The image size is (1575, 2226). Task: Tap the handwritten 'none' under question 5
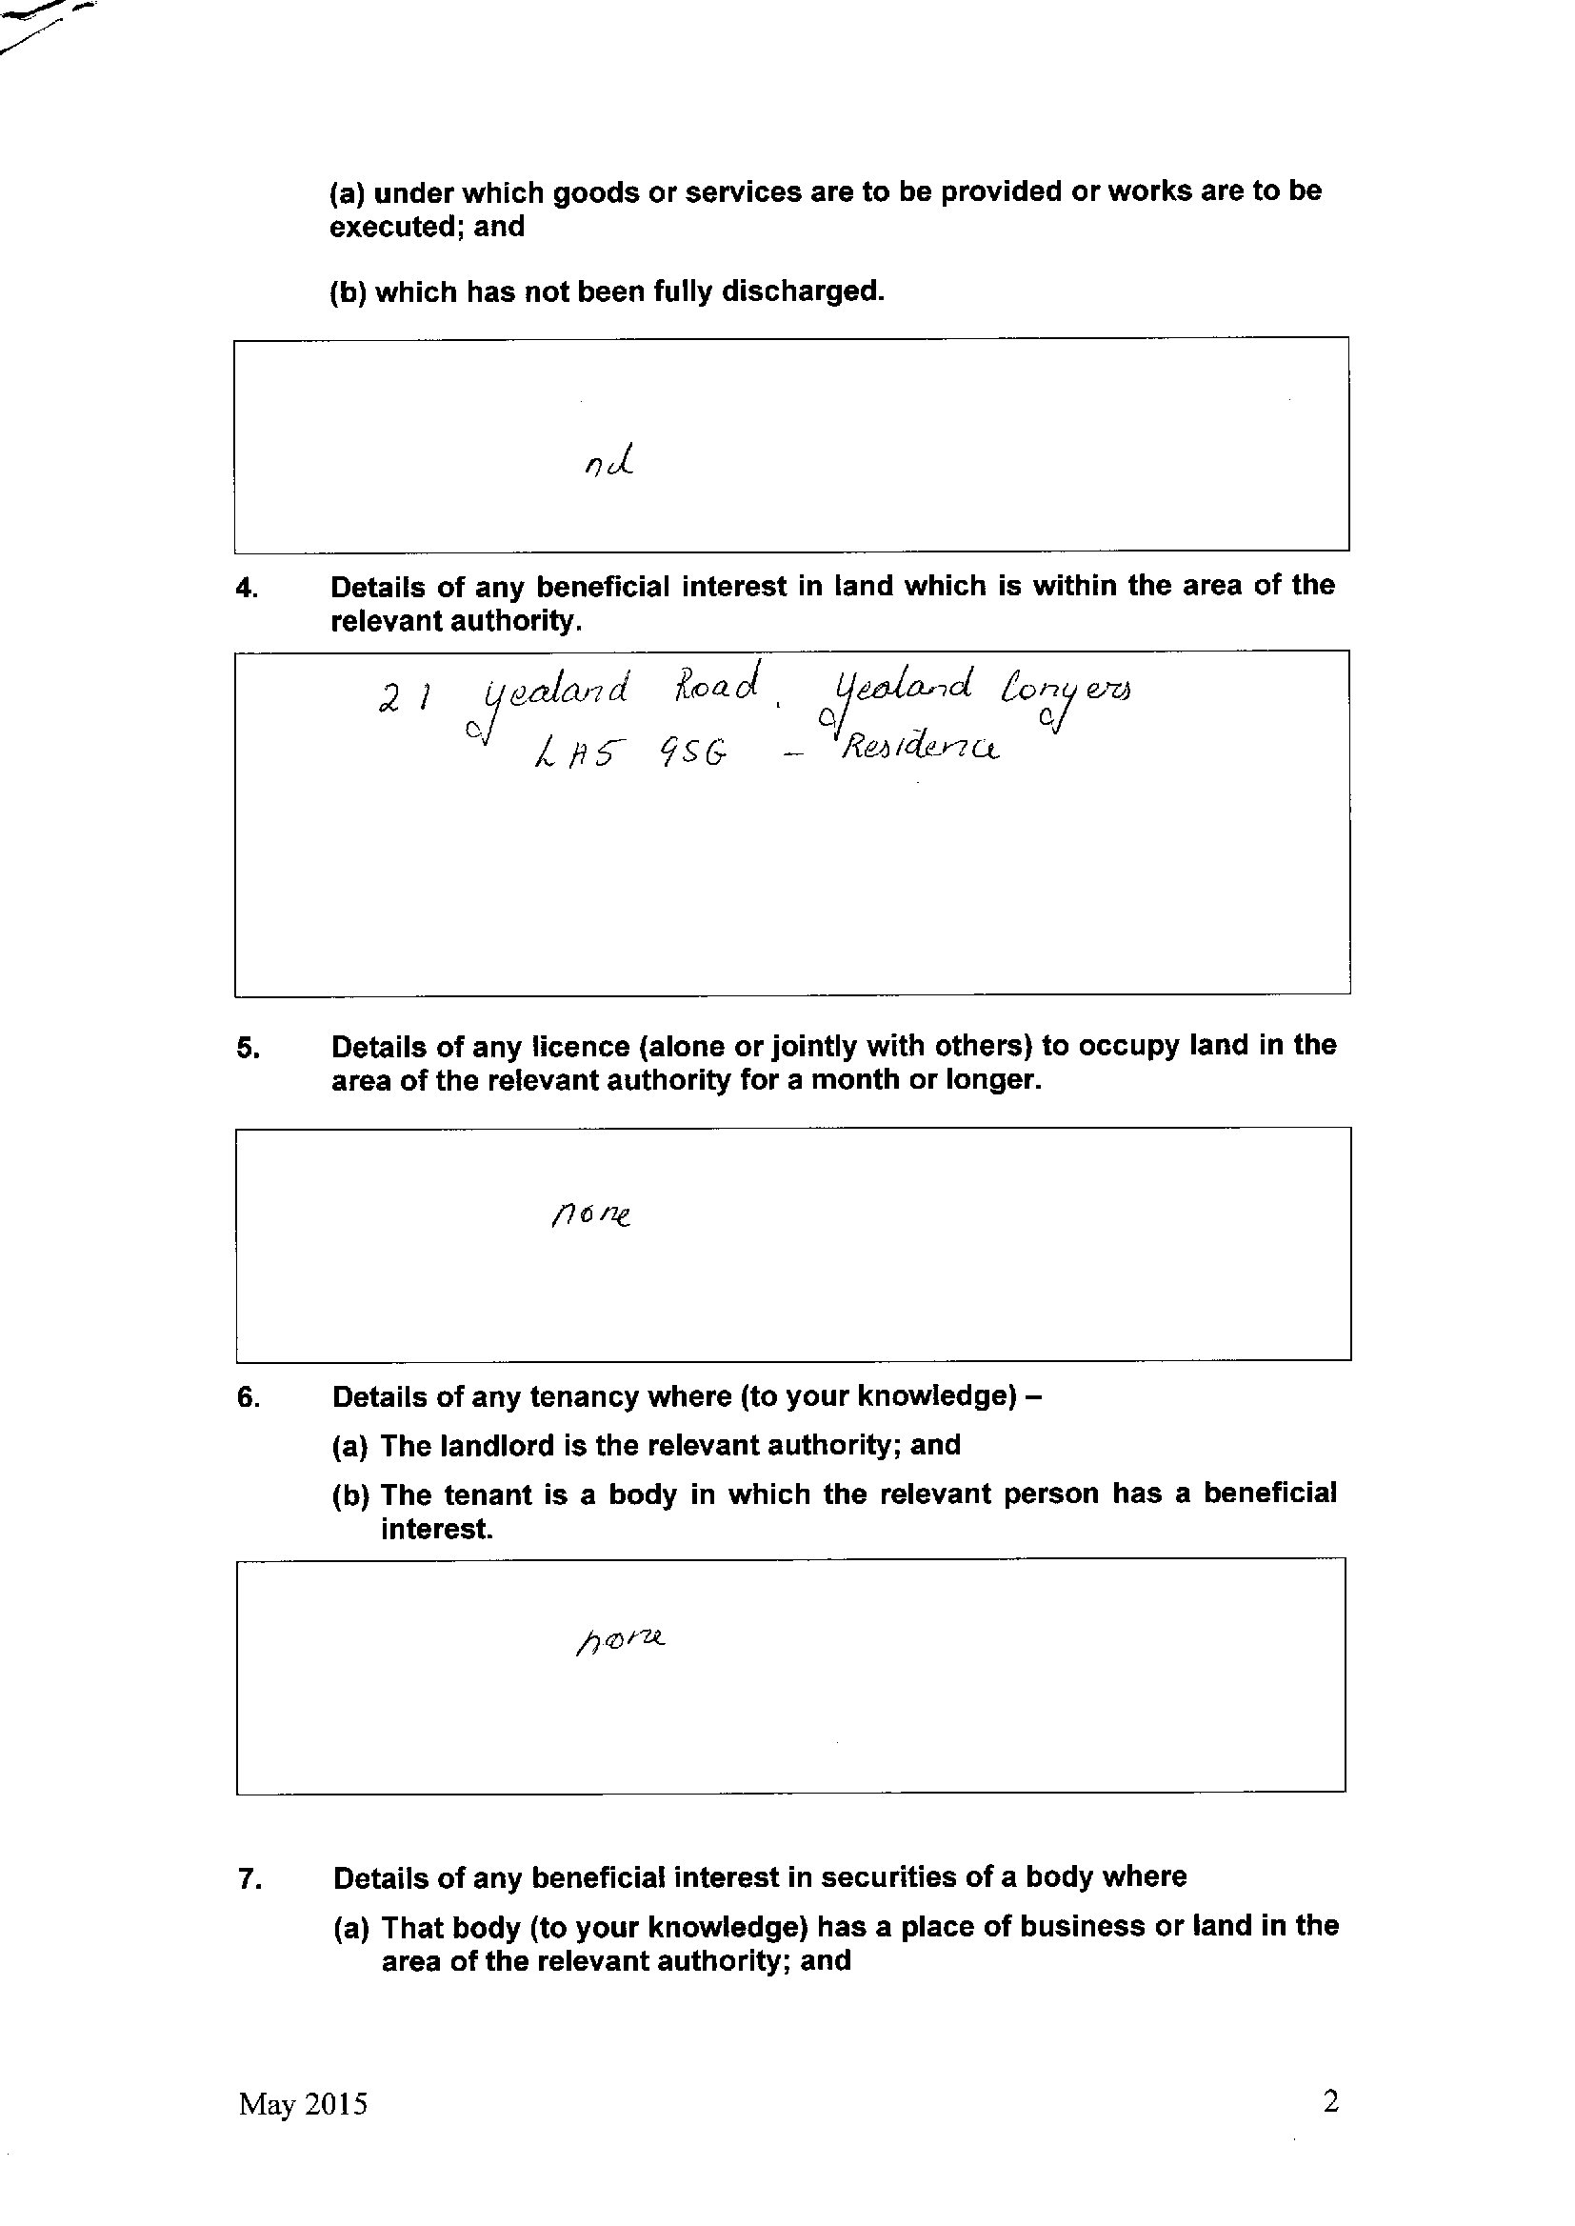tap(591, 1213)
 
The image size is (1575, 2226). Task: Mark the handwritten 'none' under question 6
tap(621, 1641)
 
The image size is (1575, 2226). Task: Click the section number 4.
tap(248, 589)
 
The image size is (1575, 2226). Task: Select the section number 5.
tap(248, 1049)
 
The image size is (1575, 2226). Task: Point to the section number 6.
tap(249, 1397)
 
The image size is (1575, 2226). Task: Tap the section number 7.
tap(249, 1879)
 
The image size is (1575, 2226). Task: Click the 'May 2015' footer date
tap(303, 2131)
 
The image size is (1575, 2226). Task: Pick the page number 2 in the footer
tap(1330, 2128)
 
